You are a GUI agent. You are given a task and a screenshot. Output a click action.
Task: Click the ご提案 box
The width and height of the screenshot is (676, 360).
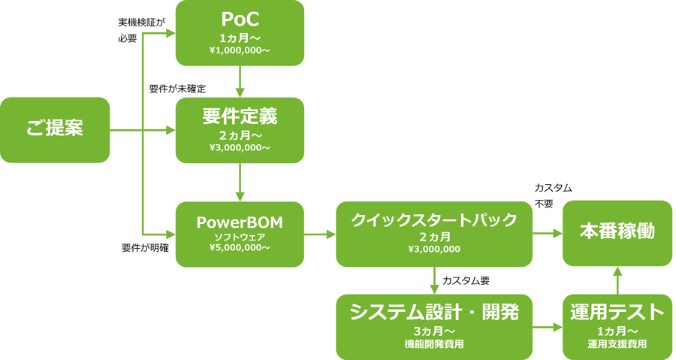[x=55, y=130]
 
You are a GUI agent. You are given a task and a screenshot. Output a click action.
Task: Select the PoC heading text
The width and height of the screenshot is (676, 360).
[x=240, y=20]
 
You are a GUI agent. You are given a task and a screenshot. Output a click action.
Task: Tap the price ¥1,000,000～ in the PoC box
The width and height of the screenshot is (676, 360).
[x=240, y=50]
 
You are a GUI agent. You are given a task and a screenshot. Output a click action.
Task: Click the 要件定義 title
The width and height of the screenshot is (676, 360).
[x=240, y=116]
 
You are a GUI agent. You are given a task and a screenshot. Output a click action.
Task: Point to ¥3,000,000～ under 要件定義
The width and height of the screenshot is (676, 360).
[x=240, y=148]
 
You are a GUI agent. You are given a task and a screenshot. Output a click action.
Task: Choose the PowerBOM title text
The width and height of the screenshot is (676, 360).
[x=240, y=222]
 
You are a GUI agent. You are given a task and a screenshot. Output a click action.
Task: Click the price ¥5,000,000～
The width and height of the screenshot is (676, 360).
[x=240, y=247]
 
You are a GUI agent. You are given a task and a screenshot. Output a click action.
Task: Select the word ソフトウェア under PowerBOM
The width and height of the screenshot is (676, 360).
[x=240, y=237]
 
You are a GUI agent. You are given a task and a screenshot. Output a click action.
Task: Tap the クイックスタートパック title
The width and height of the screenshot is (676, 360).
[x=434, y=220]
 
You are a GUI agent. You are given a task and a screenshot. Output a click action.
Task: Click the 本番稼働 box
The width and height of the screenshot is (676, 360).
[x=617, y=233]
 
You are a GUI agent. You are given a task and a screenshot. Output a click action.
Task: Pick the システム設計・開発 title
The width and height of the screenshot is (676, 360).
[x=434, y=312]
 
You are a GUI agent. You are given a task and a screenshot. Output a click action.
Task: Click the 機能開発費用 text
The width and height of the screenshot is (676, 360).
[x=434, y=344]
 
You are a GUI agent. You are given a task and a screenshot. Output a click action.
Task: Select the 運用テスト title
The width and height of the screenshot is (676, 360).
[x=617, y=312]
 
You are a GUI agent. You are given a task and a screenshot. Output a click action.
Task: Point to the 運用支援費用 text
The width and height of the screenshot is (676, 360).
[x=617, y=344]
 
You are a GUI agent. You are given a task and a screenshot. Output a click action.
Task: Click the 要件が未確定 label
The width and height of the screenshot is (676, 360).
[x=177, y=89]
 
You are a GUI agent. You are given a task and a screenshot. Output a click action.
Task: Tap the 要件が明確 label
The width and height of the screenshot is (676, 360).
[x=145, y=248]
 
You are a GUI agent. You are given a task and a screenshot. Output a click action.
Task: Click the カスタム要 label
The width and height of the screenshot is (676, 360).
[x=466, y=280]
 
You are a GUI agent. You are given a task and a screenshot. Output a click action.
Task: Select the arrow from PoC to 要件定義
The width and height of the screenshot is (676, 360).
[x=240, y=81]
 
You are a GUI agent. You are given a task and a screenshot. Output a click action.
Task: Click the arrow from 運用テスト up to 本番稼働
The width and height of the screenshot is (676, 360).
[x=617, y=280]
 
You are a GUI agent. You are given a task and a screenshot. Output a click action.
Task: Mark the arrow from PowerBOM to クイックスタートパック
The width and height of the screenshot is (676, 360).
[x=320, y=234]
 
